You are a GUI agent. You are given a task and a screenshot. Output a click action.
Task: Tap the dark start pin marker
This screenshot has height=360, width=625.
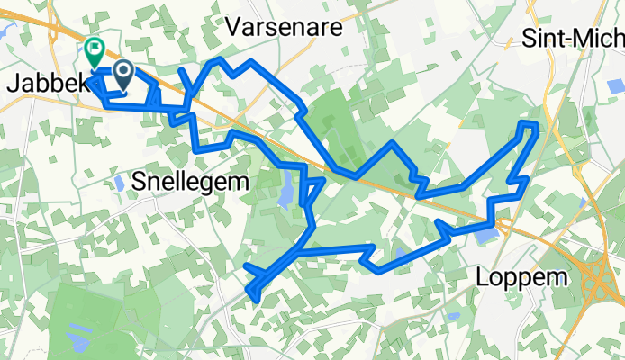(122, 73)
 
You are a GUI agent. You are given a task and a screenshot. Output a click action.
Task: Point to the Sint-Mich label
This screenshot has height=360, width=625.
(573, 39)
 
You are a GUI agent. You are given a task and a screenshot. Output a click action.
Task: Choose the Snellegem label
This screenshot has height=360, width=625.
(190, 182)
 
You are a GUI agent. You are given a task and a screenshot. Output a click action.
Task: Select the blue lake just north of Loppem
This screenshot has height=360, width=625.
(486, 236)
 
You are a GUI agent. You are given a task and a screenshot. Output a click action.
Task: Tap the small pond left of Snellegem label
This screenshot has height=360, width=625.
(120, 183)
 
